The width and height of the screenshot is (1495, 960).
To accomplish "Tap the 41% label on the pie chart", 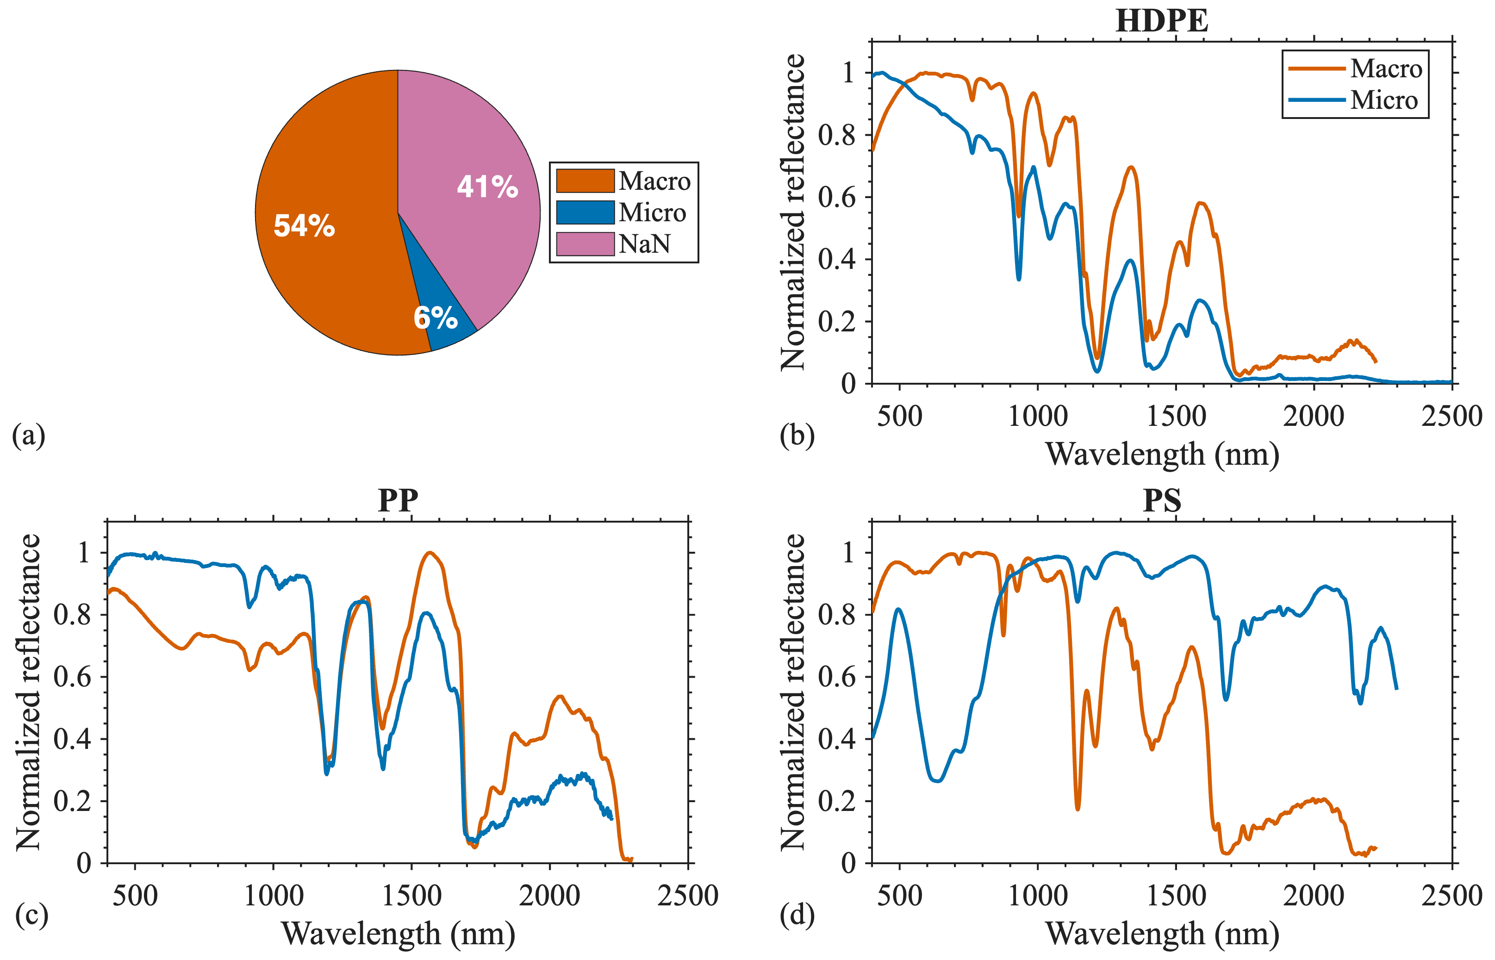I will tap(487, 187).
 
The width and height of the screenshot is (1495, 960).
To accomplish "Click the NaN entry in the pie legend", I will tap(644, 244).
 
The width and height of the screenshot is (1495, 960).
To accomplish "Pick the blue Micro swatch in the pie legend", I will tap(585, 212).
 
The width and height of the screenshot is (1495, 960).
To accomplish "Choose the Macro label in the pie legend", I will tap(654, 181).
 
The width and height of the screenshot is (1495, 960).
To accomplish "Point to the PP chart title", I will tap(398, 500).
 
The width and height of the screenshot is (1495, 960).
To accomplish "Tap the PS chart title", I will tap(1162, 500).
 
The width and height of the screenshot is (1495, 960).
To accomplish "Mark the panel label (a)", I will tap(29, 435).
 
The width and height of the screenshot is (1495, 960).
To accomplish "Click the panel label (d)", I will tap(797, 915).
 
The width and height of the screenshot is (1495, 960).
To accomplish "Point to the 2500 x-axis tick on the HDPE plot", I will tap(1451, 416).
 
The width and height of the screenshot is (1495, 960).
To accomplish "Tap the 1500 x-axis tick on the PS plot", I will tap(1176, 896).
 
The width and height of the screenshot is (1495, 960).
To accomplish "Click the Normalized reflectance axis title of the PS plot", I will tap(793, 692).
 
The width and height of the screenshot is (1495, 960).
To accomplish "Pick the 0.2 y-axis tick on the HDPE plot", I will tap(836, 322).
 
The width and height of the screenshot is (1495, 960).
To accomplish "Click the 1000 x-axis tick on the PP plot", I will tap(274, 896).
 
